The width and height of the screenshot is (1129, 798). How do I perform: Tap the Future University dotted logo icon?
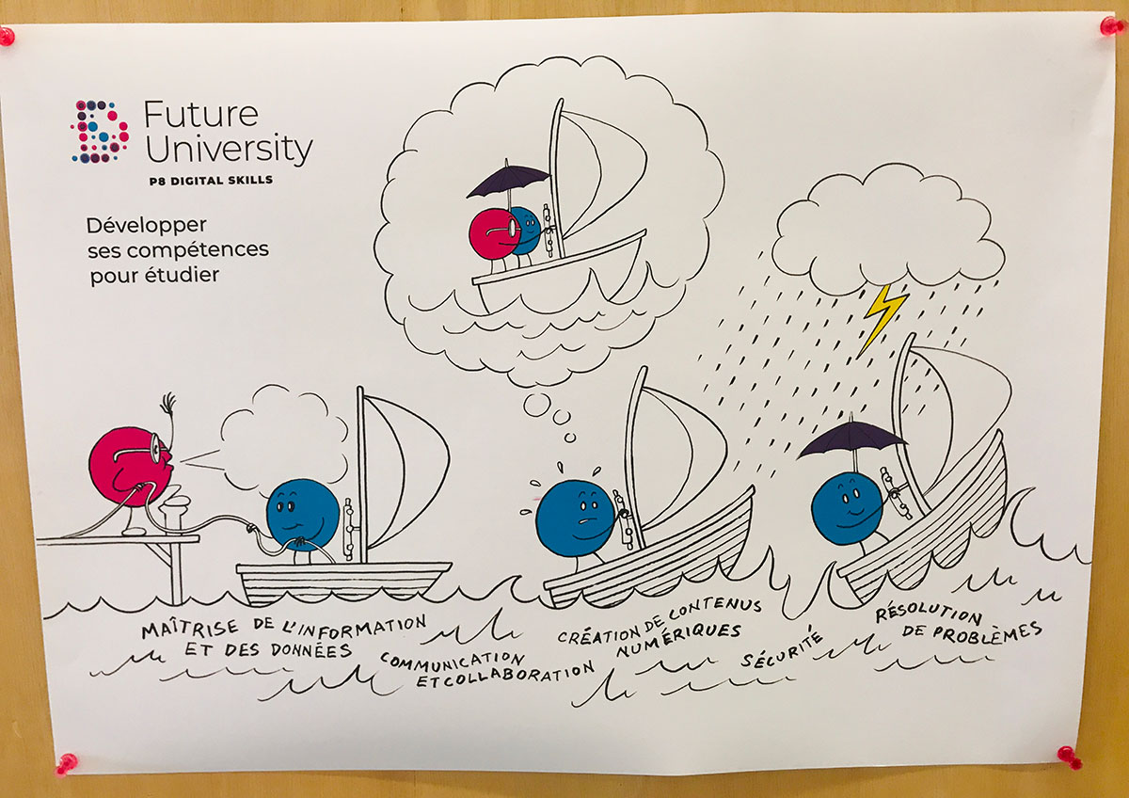pos(100,131)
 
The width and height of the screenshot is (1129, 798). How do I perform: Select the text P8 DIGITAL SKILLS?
pos(209,180)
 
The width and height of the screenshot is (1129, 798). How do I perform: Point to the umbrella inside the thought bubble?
pos(507,179)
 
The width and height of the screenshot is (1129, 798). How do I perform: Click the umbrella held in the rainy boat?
pos(851,438)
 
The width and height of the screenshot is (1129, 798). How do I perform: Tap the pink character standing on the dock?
pos(129,467)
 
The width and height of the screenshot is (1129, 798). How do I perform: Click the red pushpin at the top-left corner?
pos(7,37)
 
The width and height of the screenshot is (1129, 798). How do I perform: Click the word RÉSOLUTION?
pos(929,614)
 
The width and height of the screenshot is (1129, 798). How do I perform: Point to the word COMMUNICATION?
pos(453,658)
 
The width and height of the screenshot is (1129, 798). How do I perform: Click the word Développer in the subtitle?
pos(146,226)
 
